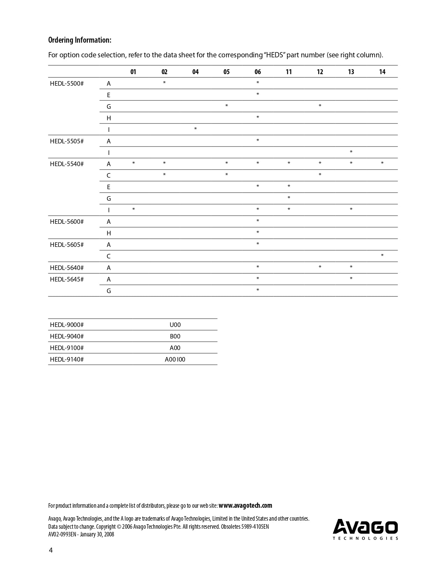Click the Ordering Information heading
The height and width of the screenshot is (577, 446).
click(80, 40)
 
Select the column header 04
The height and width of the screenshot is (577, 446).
click(195, 72)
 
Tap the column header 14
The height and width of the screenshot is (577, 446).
click(382, 72)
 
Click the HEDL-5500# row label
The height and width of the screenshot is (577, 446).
click(67, 84)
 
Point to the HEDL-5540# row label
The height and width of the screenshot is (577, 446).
click(67, 164)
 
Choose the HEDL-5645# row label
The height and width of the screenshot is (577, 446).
click(67, 279)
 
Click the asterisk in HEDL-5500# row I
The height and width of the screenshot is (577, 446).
click(195, 129)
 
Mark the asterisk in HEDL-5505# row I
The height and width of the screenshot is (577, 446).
click(351, 152)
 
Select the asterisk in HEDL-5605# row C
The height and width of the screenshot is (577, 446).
click(382, 256)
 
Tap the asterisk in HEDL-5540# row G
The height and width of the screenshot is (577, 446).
click(289, 198)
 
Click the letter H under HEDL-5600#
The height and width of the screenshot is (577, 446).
click(109, 233)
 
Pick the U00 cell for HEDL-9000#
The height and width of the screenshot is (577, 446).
click(175, 325)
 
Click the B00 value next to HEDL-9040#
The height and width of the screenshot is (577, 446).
click(175, 336)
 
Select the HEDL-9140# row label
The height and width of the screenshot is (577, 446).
click(67, 359)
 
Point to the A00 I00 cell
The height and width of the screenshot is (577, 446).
click(175, 359)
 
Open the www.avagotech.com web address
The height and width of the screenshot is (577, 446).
click(245, 505)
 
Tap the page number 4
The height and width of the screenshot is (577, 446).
click(51, 550)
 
